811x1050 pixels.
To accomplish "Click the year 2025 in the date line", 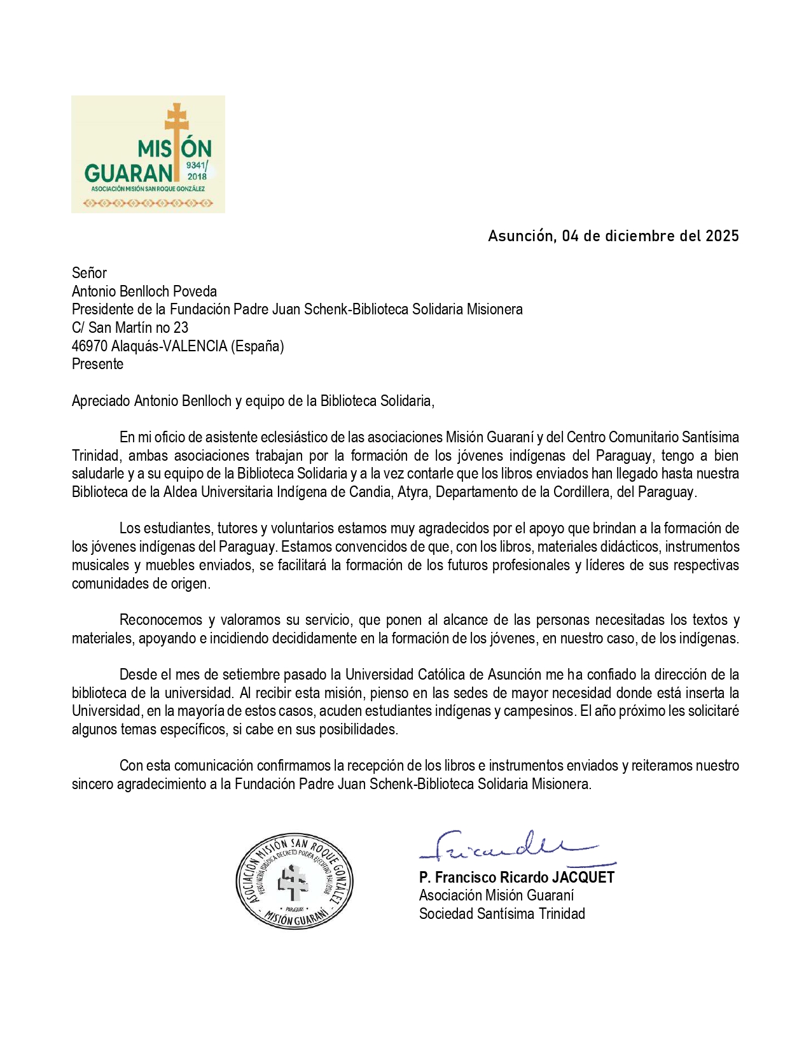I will coord(722,236).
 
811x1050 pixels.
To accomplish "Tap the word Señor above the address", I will coord(89,273).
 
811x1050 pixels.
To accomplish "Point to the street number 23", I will coord(181,328).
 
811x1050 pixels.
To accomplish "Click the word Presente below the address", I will coord(97,364).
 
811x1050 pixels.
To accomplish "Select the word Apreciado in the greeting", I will coord(101,401).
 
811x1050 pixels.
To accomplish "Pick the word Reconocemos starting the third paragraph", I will coord(162,620).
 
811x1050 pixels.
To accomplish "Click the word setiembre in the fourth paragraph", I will coord(242,675).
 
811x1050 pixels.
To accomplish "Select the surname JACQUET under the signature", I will coord(583,878).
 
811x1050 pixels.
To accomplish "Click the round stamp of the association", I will coord(294,881).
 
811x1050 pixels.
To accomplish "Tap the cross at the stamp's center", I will coord(293,882).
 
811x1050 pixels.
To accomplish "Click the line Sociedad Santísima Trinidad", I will coord(502,914).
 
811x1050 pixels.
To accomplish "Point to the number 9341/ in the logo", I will coord(197,165).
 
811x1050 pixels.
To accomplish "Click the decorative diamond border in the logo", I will coord(148,204).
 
